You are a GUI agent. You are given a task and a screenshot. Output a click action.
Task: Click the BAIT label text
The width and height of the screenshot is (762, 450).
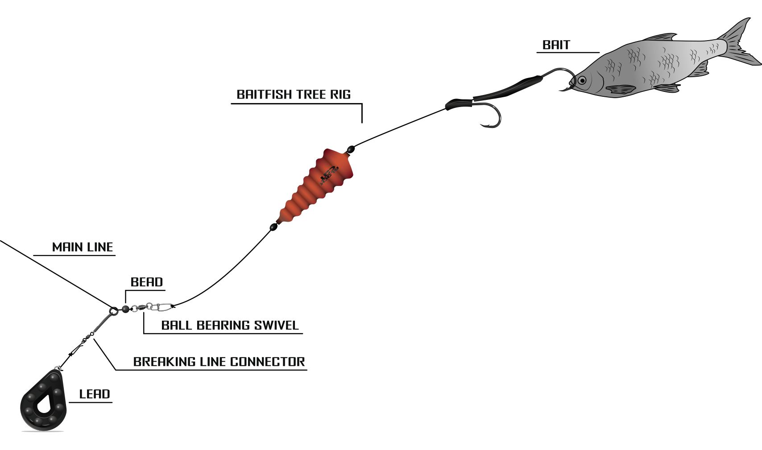(556, 45)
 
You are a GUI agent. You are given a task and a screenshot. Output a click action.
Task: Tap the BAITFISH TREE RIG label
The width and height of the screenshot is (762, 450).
(294, 95)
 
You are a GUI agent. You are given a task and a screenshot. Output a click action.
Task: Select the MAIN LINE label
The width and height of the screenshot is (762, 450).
(83, 247)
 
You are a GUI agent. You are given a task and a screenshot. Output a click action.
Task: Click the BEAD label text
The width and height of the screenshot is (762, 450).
(147, 282)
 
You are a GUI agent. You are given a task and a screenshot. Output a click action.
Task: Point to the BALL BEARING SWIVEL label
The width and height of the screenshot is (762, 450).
(230, 326)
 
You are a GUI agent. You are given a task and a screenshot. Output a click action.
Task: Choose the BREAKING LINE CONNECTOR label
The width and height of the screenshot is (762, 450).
(219, 362)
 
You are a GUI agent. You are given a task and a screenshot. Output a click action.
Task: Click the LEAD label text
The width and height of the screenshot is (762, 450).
(95, 394)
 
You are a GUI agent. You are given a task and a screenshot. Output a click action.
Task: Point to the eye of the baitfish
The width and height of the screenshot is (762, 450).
(582, 81)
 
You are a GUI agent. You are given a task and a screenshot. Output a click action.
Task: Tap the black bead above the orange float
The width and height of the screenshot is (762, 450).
(351, 149)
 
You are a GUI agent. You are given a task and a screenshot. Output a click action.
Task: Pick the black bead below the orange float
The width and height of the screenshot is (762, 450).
(273, 227)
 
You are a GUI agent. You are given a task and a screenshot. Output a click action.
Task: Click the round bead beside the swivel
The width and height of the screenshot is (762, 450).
(125, 308)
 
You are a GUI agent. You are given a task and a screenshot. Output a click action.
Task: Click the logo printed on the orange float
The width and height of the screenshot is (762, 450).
(329, 174)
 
